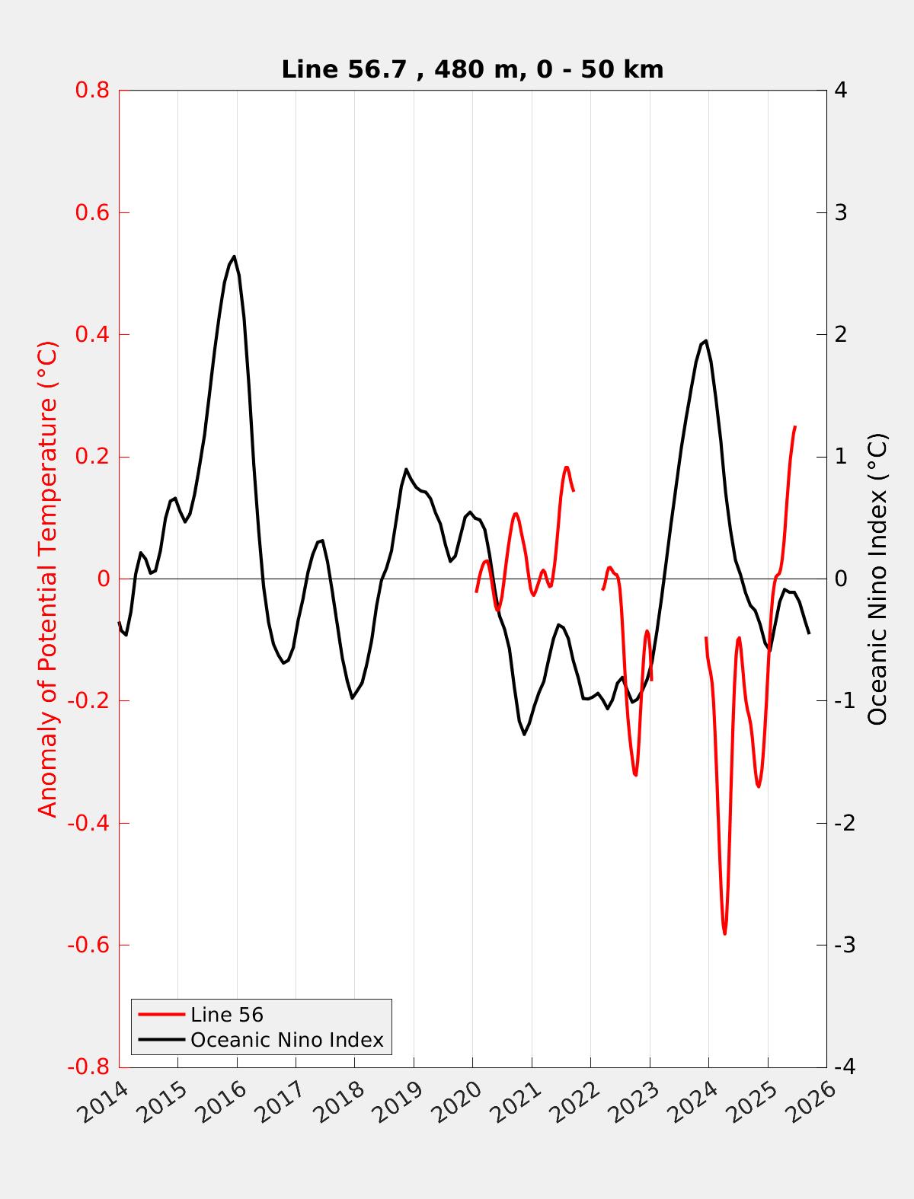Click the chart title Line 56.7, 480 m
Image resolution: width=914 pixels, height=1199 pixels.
click(472, 69)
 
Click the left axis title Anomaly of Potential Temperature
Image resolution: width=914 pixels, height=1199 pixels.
click(48, 579)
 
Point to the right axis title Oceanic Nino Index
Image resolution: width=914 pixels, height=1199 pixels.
click(877, 579)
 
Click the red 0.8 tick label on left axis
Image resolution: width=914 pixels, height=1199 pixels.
click(92, 91)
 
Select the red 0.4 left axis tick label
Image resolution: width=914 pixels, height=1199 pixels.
click(92, 335)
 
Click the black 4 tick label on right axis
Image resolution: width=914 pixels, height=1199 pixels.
click(841, 91)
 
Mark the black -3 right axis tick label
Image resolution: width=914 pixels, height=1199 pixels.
click(844, 945)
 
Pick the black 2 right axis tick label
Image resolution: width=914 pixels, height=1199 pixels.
click(841, 335)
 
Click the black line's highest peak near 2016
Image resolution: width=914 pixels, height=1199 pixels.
click(234, 257)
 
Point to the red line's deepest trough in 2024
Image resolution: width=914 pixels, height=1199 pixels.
click(724, 933)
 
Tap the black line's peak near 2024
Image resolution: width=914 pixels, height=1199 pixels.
click(706, 341)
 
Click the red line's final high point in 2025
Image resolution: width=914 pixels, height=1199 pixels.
click(794, 427)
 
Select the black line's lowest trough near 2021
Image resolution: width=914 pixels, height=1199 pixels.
click(524, 734)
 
